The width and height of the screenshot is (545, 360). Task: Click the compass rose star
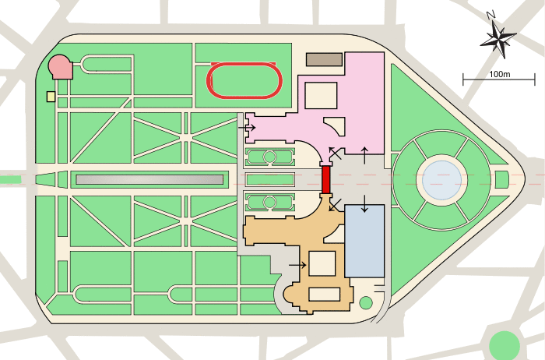pyautogui.click(x=498, y=39)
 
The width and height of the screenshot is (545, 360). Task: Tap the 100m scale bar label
pyautogui.click(x=500, y=74)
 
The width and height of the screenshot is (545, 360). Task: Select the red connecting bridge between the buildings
pyautogui.click(x=325, y=179)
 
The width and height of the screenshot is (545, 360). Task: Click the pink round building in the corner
pyautogui.click(x=61, y=67)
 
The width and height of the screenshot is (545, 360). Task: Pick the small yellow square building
pyautogui.click(x=51, y=97)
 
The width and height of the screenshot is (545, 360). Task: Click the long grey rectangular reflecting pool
pyautogui.click(x=149, y=179)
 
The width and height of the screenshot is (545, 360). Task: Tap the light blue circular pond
pyautogui.click(x=441, y=180)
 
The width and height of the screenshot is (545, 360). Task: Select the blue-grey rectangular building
pyautogui.click(x=364, y=241)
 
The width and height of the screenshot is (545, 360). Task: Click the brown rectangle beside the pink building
pyautogui.click(x=324, y=59)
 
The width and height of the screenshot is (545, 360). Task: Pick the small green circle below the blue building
pyautogui.click(x=366, y=303)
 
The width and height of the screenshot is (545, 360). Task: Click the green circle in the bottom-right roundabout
pyautogui.click(x=505, y=346)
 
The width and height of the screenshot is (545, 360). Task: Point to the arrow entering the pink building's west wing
pyautogui.click(x=247, y=128)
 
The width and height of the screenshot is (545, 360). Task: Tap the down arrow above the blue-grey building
pyautogui.click(x=364, y=204)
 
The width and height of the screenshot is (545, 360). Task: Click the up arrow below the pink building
pyautogui.click(x=364, y=156)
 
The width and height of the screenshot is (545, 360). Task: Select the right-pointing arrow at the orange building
pyautogui.click(x=297, y=265)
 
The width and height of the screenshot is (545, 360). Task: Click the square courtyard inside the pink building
pyautogui.click(x=321, y=95)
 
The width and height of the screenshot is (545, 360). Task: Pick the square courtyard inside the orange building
pyautogui.click(x=322, y=263)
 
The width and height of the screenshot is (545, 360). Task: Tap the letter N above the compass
pyautogui.click(x=490, y=15)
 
